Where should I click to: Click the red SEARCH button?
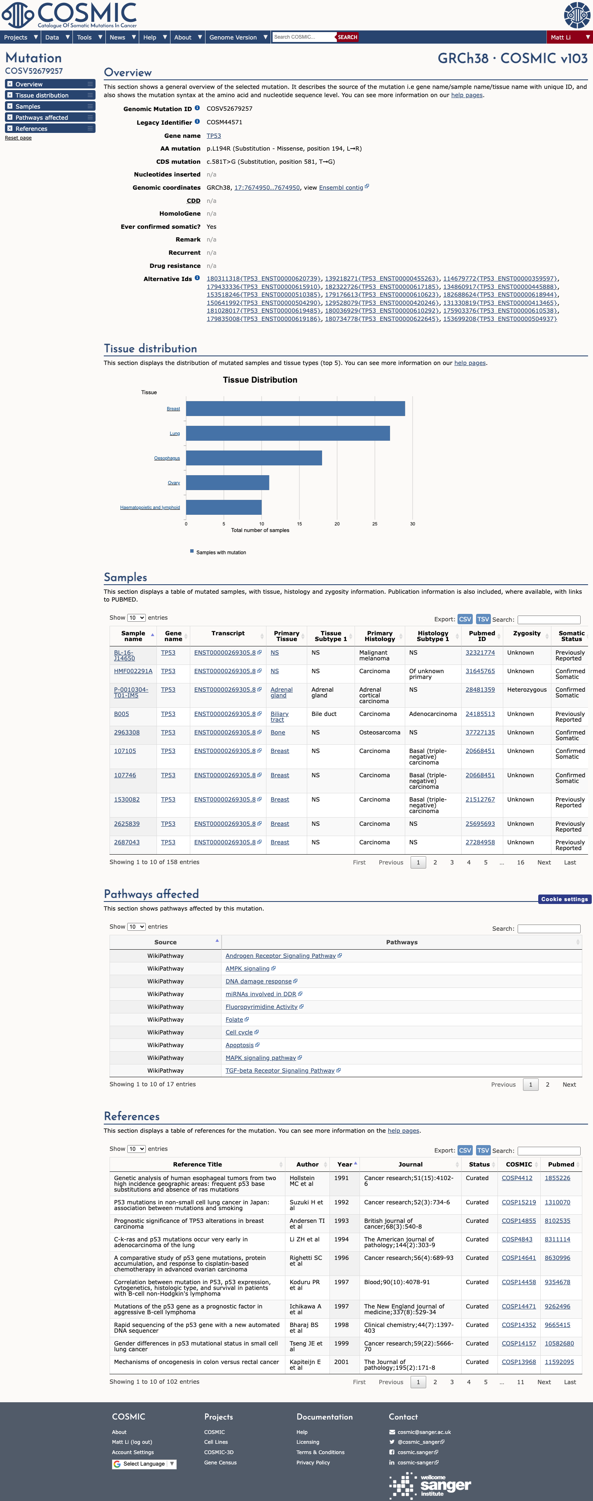point(348,37)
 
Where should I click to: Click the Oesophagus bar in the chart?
point(254,458)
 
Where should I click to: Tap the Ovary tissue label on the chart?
point(174,483)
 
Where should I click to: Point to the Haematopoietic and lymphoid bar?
point(224,507)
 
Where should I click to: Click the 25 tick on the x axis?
point(374,524)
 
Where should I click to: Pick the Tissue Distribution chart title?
point(260,380)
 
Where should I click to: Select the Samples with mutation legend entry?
point(218,553)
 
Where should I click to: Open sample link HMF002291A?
point(133,671)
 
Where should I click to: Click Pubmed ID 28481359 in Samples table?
point(480,690)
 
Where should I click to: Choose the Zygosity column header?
point(527,633)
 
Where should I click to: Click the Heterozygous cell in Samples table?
point(527,690)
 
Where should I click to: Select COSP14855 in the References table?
point(518,1221)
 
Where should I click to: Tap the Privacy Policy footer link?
point(313,1463)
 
